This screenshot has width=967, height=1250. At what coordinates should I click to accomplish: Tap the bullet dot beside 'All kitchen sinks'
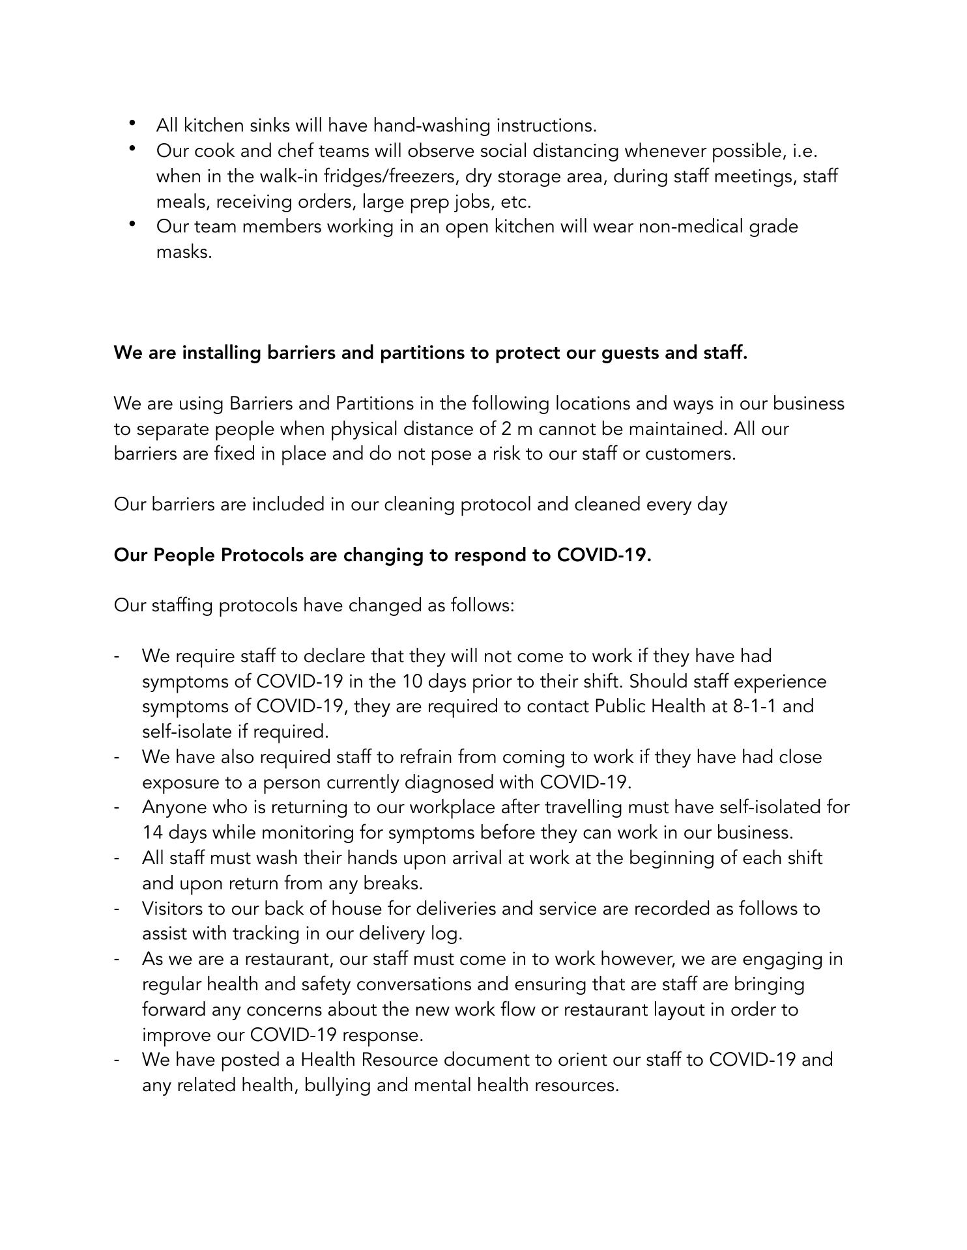(132, 122)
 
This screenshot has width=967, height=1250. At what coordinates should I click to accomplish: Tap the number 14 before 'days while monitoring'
(153, 833)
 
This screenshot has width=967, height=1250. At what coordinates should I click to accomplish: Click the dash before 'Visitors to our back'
(117, 909)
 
